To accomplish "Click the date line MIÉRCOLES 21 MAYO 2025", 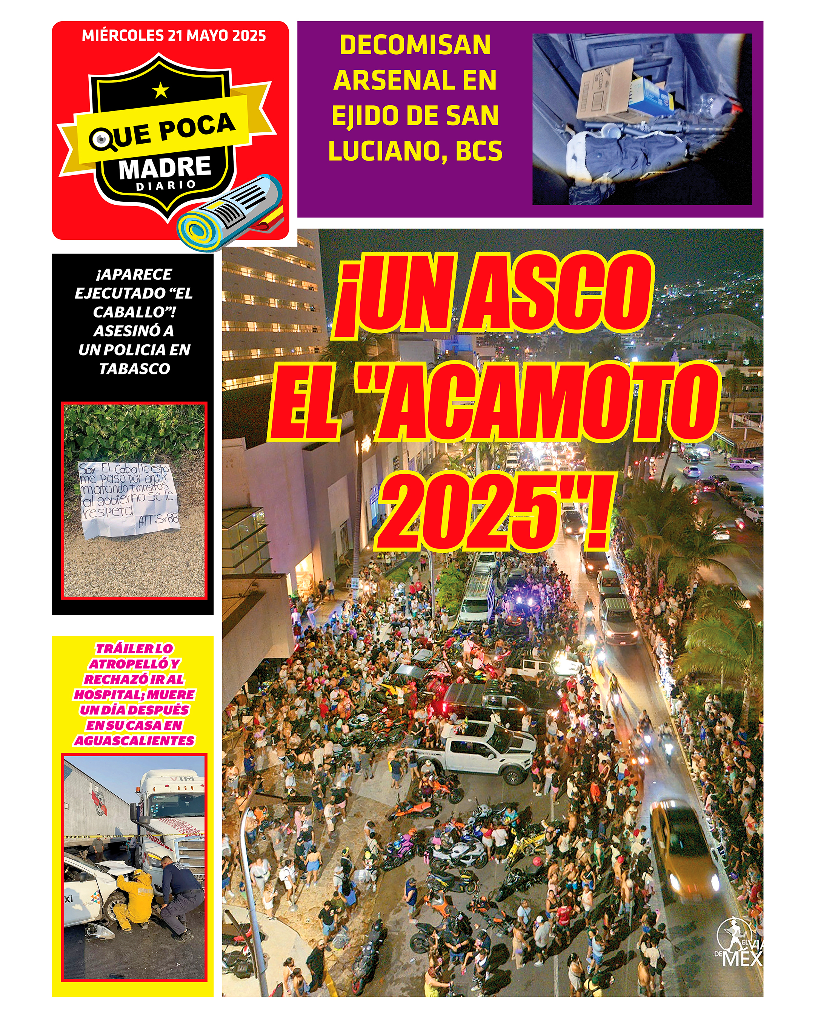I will pyautogui.click(x=174, y=35).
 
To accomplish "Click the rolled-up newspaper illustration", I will pyautogui.click(x=231, y=212).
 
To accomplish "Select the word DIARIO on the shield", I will pyautogui.click(x=166, y=185).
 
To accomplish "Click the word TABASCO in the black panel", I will pyautogui.click(x=134, y=368).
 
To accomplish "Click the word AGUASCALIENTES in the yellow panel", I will pyautogui.click(x=134, y=741).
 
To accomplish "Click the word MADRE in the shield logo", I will pyautogui.click(x=165, y=168).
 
